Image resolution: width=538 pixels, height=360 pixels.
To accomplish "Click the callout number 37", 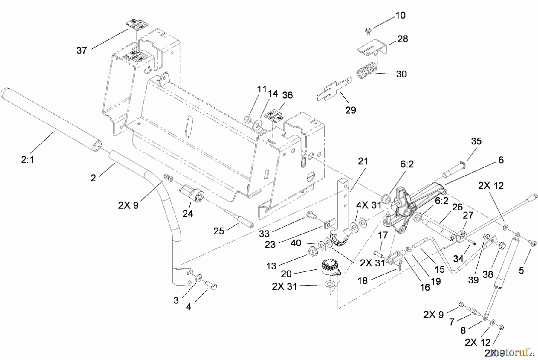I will [82, 50].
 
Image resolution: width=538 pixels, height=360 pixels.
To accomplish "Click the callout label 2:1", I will [27, 160].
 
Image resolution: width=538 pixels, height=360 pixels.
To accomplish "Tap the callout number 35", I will [476, 141].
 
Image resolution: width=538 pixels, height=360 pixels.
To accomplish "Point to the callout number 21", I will [363, 161].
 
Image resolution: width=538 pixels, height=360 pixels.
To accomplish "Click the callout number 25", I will [219, 231].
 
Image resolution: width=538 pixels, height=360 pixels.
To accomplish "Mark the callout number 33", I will [264, 234].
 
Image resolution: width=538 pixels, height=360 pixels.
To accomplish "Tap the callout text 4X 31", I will [369, 205].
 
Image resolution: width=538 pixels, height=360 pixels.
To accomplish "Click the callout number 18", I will [363, 281].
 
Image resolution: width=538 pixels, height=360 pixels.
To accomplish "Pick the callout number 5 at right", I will [521, 271].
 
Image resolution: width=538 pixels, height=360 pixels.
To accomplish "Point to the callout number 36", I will [287, 95].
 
